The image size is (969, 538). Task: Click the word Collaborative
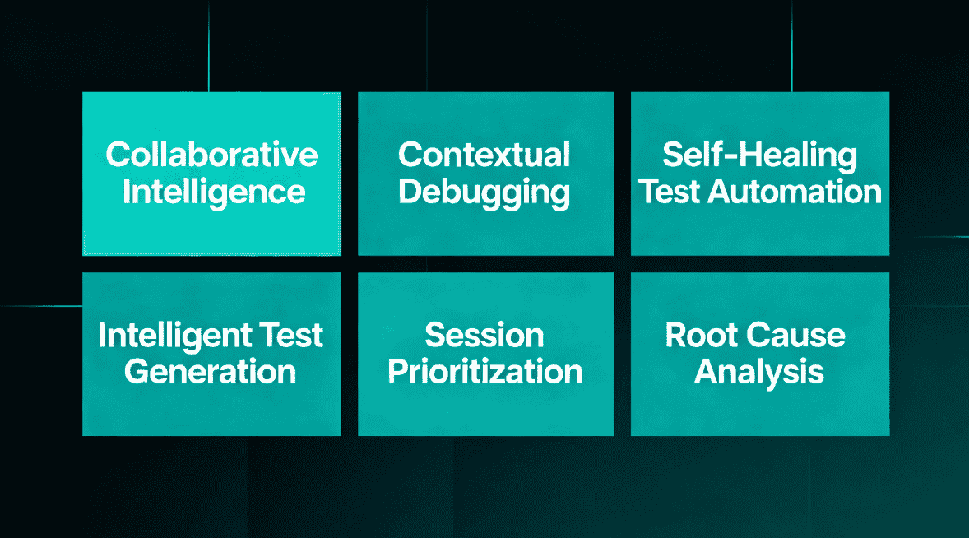pyautogui.click(x=211, y=155)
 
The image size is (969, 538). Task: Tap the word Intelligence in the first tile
pyautogui.click(x=214, y=192)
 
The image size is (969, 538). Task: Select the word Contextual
pyautogui.click(x=484, y=155)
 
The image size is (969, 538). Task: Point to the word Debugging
pyautogui.click(x=484, y=192)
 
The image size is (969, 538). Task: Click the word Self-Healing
pyautogui.click(x=759, y=155)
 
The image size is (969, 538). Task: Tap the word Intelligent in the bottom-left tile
pyautogui.click(x=174, y=336)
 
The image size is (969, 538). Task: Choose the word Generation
pyautogui.click(x=211, y=372)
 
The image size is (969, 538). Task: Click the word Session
pyautogui.click(x=484, y=336)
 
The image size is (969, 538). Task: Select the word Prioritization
pyautogui.click(x=485, y=372)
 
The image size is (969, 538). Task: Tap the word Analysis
pyautogui.click(x=759, y=372)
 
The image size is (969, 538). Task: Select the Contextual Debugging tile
pyautogui.click(x=485, y=230)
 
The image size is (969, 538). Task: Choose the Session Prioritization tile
pyautogui.click(x=485, y=411)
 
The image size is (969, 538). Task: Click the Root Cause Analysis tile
pyautogui.click(x=759, y=411)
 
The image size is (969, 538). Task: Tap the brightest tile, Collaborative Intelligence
pyautogui.click(x=211, y=230)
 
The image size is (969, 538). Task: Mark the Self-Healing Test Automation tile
pyautogui.click(x=759, y=230)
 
